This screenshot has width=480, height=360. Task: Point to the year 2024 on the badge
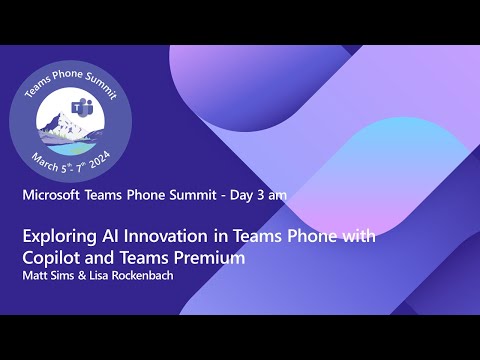[x=99, y=160]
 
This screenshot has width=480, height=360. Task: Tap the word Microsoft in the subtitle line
[x=56, y=195]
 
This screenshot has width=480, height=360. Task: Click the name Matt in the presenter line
[x=36, y=275]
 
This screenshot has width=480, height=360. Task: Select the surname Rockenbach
[x=141, y=275]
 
